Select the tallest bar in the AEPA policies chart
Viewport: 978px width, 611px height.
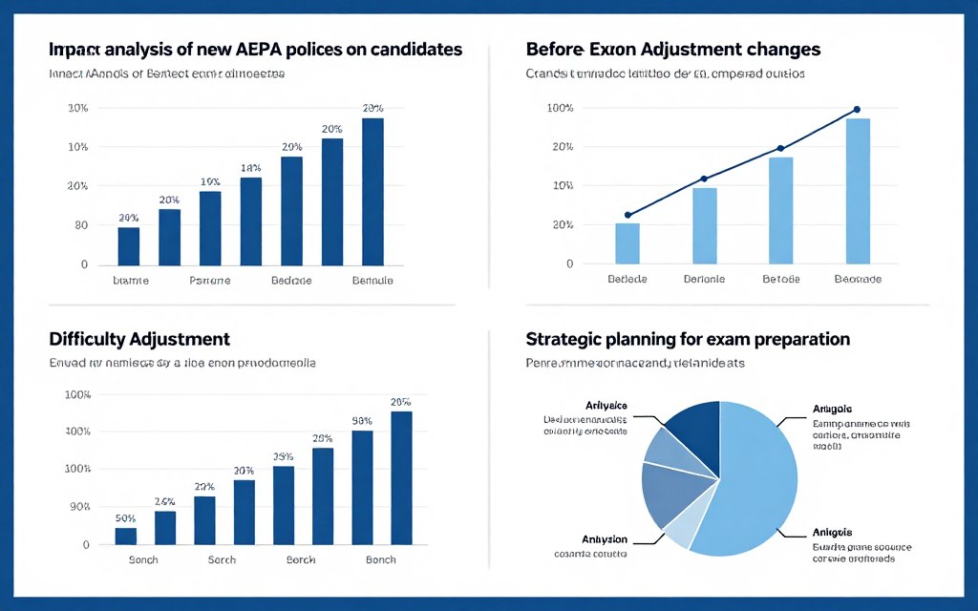pyautogui.click(x=372, y=192)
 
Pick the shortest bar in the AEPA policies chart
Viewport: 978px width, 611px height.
pyautogui.click(x=128, y=246)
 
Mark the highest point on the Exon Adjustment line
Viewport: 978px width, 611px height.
pyautogui.click(x=857, y=110)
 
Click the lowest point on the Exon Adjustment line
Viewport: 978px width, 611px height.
pyautogui.click(x=627, y=215)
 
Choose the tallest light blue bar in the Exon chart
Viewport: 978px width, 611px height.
pyautogui.click(x=858, y=191)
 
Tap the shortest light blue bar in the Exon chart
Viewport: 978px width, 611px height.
pyautogui.click(x=627, y=243)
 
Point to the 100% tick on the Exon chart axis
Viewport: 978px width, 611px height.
pyautogui.click(x=561, y=108)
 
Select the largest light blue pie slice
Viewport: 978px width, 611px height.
pyautogui.click(x=755, y=477)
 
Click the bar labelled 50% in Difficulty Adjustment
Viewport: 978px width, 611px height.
pyautogui.click(x=125, y=537)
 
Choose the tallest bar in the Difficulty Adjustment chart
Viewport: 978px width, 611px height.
pyautogui.click(x=401, y=477)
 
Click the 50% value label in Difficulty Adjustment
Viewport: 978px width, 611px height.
pyautogui.click(x=125, y=518)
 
